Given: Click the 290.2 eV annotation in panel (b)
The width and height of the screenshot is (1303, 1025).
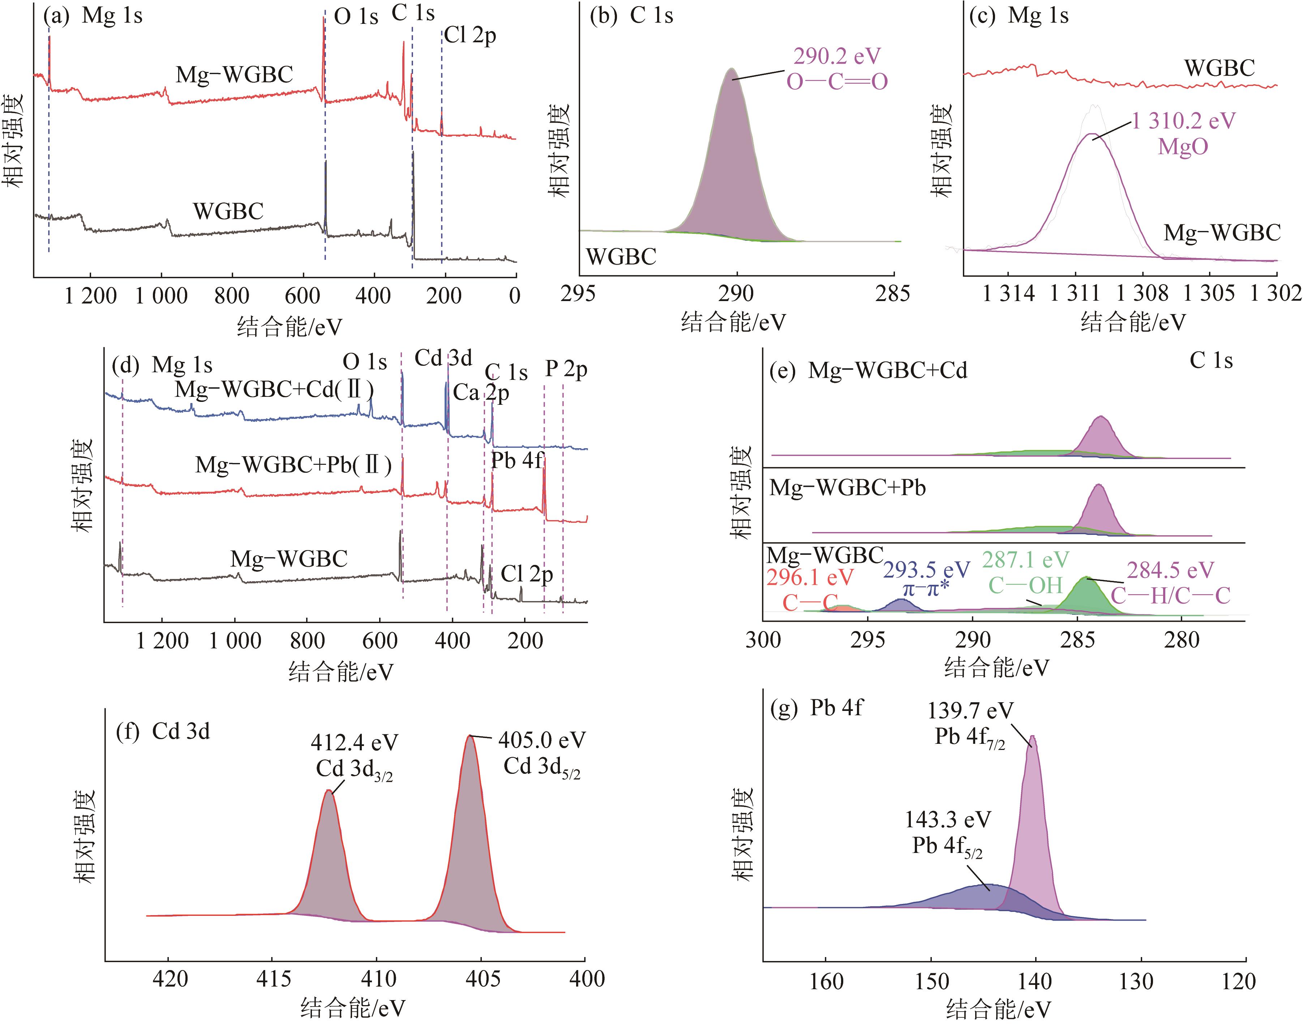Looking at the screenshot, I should click(x=837, y=56).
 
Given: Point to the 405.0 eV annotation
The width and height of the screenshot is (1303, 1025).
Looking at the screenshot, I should click(x=541, y=740).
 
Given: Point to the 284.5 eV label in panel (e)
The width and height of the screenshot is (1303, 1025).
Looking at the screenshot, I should click(x=1170, y=570).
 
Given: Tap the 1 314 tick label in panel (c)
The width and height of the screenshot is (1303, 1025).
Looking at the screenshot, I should click(x=1008, y=293).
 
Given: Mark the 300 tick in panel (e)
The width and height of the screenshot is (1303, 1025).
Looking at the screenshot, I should click(x=763, y=640).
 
